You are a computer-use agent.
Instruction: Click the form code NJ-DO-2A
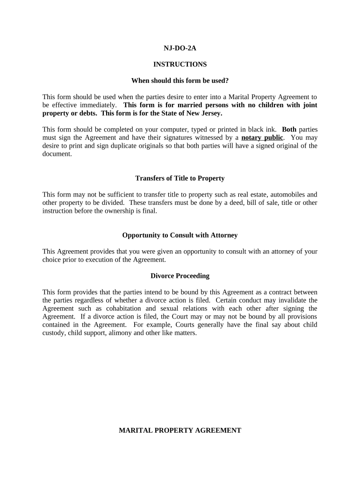180,48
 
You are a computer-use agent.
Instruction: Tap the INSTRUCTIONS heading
180,64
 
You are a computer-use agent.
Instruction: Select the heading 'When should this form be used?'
180,80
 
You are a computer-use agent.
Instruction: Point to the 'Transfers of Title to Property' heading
180,178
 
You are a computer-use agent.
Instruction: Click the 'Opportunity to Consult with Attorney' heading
180,235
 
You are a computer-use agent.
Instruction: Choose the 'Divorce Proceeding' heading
180,276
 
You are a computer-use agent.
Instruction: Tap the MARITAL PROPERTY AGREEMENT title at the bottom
180,430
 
